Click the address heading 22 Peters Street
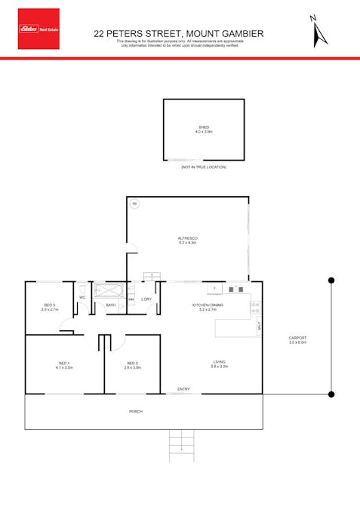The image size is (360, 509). [178, 33]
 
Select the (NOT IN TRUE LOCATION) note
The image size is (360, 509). [203, 167]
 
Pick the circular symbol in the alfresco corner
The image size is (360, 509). [135, 204]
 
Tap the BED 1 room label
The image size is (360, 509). [64, 365]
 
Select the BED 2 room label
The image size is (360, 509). [133, 365]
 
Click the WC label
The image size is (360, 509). [82, 298]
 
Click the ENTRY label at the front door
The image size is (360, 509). [183, 389]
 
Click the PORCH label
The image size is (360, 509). [136, 412]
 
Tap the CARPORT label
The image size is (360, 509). [298, 340]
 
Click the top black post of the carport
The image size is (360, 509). [330, 280]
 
